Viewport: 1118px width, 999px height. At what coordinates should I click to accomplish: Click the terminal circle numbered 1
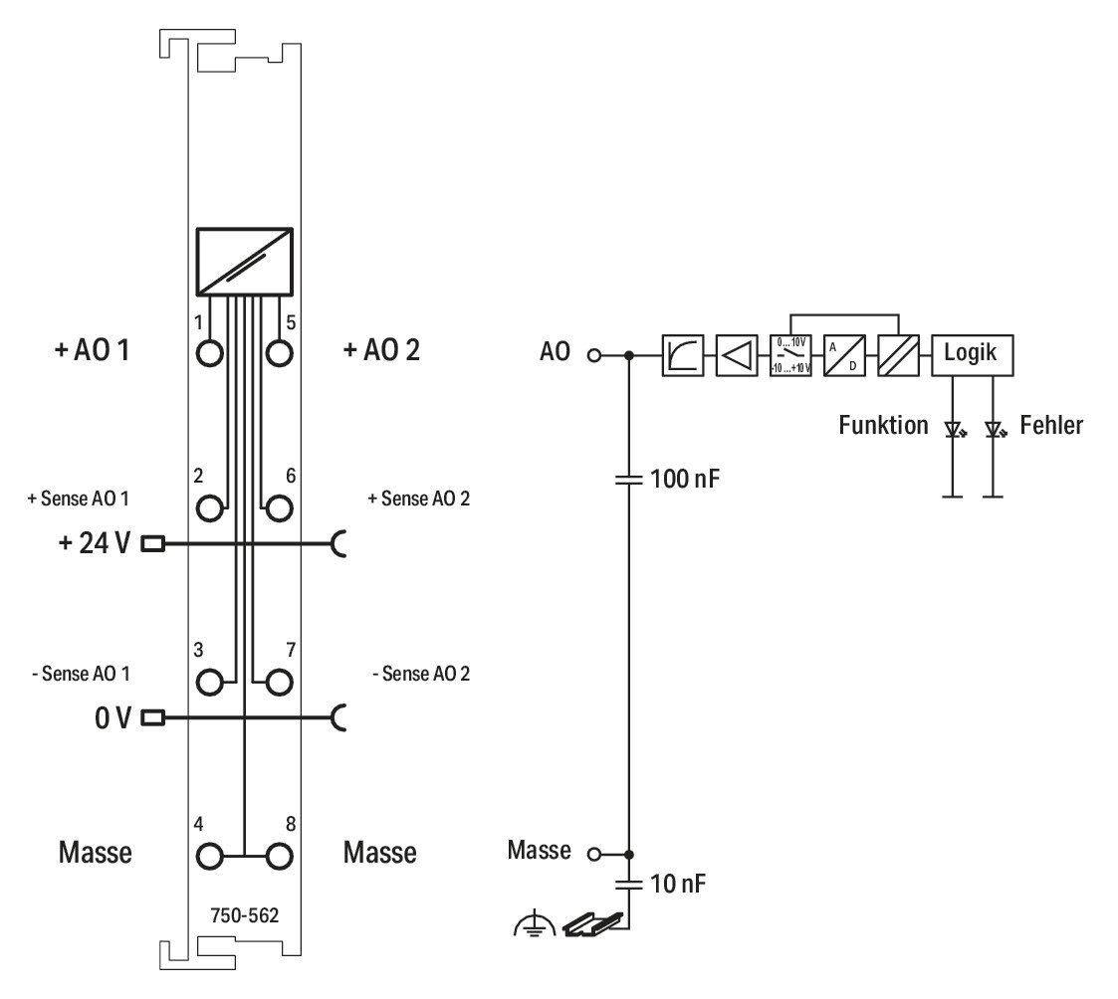[x=210, y=353]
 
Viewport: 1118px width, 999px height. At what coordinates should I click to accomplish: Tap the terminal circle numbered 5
[x=279, y=353]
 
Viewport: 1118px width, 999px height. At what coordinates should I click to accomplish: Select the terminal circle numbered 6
[x=279, y=508]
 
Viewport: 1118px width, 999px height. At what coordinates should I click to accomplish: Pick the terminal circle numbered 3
[x=210, y=683]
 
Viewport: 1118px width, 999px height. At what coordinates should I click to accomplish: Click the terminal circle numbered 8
[x=279, y=857]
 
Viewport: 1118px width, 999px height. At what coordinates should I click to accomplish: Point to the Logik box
[x=972, y=355]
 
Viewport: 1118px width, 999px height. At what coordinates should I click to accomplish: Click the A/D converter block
[x=844, y=355]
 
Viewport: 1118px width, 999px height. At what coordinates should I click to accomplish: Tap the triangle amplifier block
[x=737, y=355]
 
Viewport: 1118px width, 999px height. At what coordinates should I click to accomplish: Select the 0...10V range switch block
[x=790, y=355]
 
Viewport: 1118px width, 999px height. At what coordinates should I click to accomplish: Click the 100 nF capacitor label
[x=685, y=479]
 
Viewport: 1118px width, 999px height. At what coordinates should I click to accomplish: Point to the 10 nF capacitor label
[x=677, y=885]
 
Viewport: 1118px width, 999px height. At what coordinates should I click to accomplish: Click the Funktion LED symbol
[x=954, y=430]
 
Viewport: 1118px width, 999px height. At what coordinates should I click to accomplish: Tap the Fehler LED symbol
[x=994, y=430]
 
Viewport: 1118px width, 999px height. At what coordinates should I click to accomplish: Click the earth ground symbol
[x=534, y=925]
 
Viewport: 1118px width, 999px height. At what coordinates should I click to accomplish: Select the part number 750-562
[x=245, y=915]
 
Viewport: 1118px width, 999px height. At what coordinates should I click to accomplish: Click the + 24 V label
[x=95, y=543]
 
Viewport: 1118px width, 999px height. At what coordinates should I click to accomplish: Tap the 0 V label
[x=113, y=718]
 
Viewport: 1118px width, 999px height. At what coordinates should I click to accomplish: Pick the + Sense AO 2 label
[x=418, y=499]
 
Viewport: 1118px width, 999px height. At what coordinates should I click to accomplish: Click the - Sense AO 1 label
[x=81, y=674]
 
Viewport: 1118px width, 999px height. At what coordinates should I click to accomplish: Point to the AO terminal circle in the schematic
[x=594, y=355]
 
